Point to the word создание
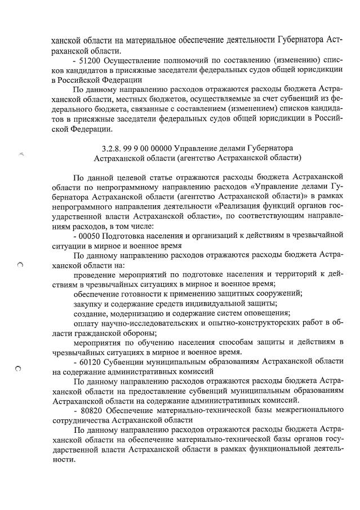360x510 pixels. tap(92, 313)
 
